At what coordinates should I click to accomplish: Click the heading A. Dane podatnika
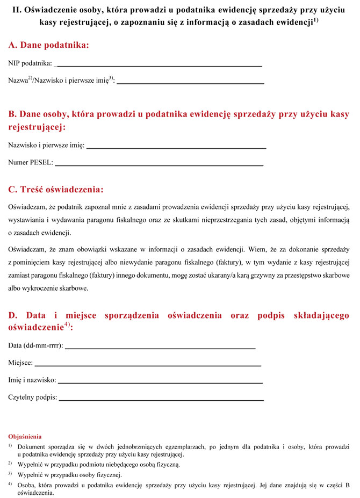click(x=48, y=45)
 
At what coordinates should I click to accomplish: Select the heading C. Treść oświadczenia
click(x=56, y=190)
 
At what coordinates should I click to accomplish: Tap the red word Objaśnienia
click(x=25, y=437)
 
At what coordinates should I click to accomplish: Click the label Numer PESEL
click(x=31, y=162)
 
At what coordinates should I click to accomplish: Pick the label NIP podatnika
click(x=30, y=64)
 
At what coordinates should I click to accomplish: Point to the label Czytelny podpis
click(x=32, y=398)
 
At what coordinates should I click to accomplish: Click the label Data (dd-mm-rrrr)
click(x=35, y=345)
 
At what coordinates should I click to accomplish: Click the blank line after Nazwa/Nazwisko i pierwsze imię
click(x=190, y=83)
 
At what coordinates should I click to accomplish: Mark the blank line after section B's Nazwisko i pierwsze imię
click(x=176, y=147)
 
